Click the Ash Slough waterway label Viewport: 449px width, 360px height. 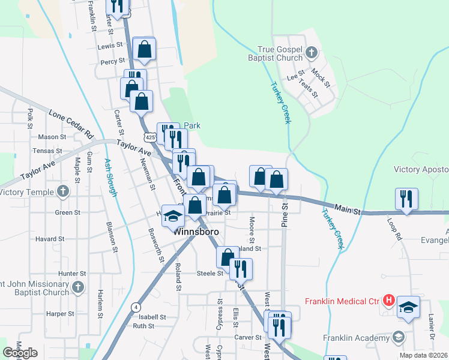[x=112, y=178]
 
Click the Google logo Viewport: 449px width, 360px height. [x=20, y=353]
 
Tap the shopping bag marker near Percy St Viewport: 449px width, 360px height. [x=145, y=49]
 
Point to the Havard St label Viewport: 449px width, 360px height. [x=50, y=239]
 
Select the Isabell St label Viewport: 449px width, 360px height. [x=152, y=317]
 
